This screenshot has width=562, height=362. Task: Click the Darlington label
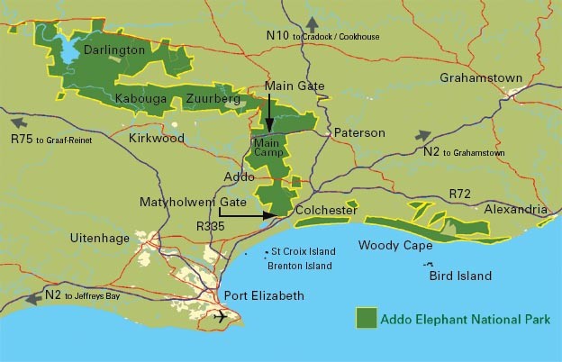[113, 50]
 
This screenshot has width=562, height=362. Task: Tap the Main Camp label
[268, 148]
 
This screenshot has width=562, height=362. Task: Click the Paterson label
[359, 133]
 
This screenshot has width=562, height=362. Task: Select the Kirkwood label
[156, 139]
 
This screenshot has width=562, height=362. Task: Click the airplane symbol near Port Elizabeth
[222, 318]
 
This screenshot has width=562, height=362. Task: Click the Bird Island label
[460, 276]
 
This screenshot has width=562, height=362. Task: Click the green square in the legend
[366, 318]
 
